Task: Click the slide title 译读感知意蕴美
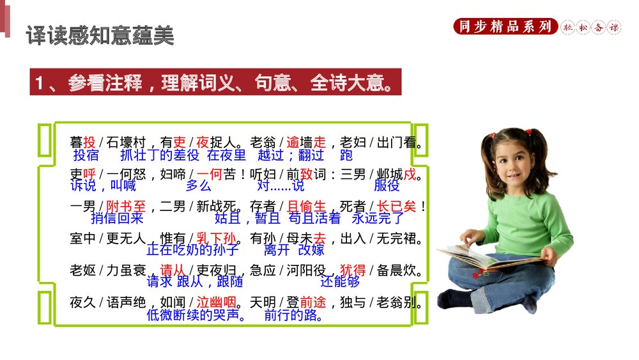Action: point(100,35)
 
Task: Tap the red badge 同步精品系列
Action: point(504,26)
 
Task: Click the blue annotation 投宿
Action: point(86,155)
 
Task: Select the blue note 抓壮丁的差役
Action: point(160,155)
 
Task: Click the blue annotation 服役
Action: point(387,185)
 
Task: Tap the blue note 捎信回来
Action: point(117,218)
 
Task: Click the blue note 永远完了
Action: point(378,218)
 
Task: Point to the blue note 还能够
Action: point(340,282)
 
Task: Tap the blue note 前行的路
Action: point(293,315)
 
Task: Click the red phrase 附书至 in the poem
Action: point(127,207)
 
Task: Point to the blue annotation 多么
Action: point(198,185)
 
